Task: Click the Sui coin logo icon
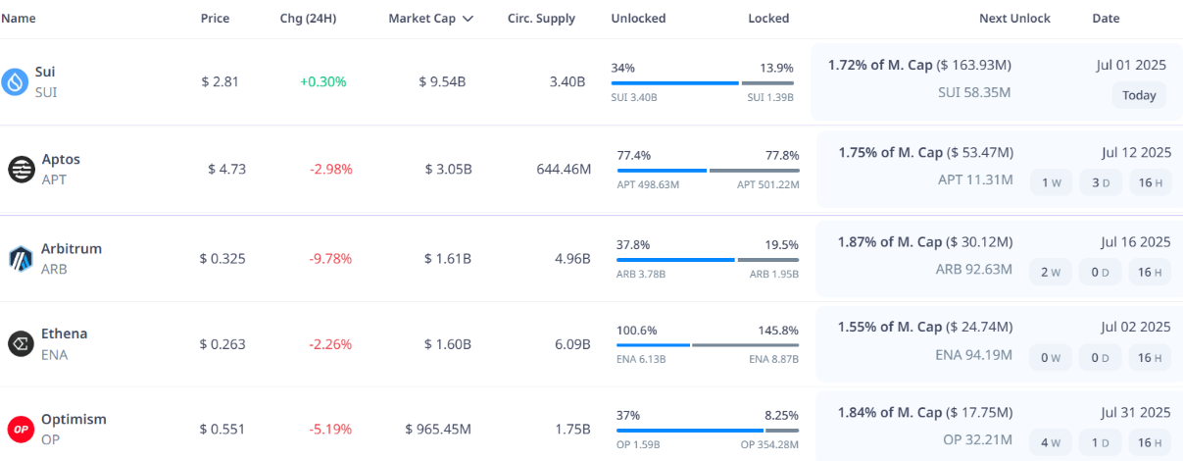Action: pyautogui.click(x=15, y=81)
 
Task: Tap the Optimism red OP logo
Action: pyautogui.click(x=21, y=429)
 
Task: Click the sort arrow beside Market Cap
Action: pyautogui.click(x=468, y=19)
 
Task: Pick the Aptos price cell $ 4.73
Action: pyautogui.click(x=226, y=169)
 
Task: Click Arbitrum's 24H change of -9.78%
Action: pyautogui.click(x=330, y=259)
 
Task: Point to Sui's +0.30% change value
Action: pyautogui.click(x=323, y=81)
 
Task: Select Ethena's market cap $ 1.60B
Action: pyautogui.click(x=448, y=344)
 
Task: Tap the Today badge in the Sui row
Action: pyautogui.click(x=1139, y=95)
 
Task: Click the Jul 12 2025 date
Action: pyautogui.click(x=1135, y=153)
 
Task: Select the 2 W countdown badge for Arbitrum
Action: pyautogui.click(x=1051, y=272)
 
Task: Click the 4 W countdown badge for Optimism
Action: pyautogui.click(x=1051, y=442)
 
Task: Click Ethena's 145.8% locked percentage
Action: pyautogui.click(x=778, y=331)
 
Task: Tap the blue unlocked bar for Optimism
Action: pyautogui.click(x=689, y=431)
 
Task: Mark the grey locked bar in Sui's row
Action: pyautogui.click(x=767, y=83)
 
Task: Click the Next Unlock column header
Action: pyautogui.click(x=1014, y=19)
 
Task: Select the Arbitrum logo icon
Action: pyautogui.click(x=21, y=259)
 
